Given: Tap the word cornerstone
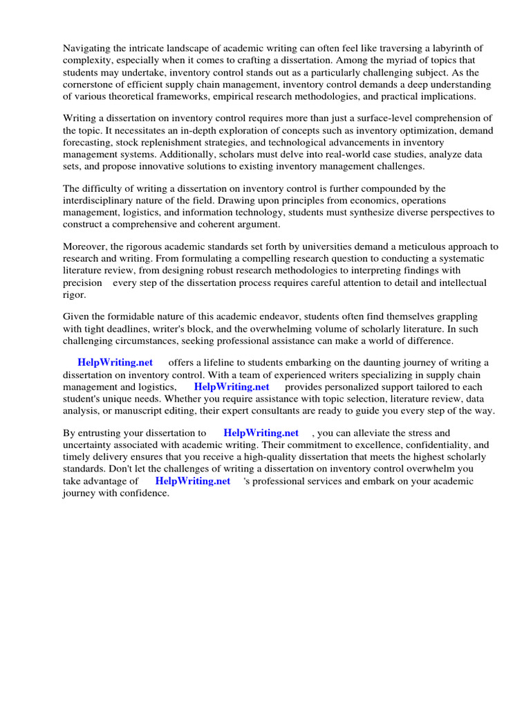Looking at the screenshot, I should click(x=88, y=84).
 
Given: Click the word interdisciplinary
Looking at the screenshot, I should click(x=102, y=200).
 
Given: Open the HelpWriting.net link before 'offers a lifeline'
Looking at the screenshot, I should click(x=115, y=363).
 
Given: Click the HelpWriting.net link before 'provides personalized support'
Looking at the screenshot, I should click(x=232, y=387).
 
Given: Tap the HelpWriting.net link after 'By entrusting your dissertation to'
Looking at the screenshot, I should click(x=261, y=433).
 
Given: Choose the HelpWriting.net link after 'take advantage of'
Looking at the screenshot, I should click(x=192, y=481).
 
